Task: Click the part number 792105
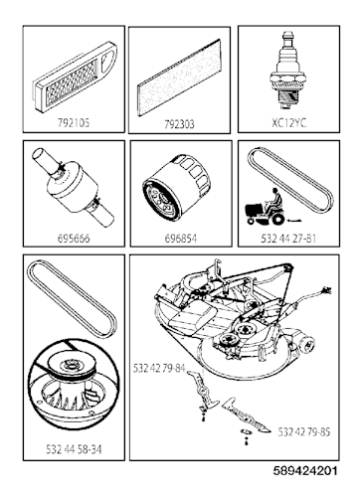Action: tap(74, 123)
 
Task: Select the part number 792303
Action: tap(179, 124)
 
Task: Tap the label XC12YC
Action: tap(288, 123)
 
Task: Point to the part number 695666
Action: tap(74, 239)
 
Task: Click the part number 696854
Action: tap(181, 239)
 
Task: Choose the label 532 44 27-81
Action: tap(288, 239)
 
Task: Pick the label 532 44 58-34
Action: tap(74, 449)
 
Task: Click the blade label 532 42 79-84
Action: tap(159, 368)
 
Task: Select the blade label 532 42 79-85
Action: tap(304, 431)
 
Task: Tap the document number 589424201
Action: tap(305, 471)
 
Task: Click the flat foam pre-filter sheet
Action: tap(179, 78)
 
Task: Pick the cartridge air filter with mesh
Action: tap(75, 76)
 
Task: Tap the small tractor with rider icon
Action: tap(266, 207)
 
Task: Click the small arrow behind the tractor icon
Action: tap(295, 220)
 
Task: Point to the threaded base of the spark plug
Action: tap(287, 97)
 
